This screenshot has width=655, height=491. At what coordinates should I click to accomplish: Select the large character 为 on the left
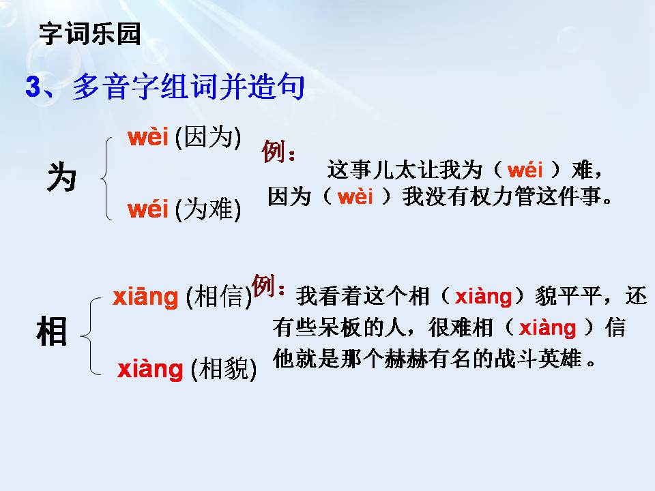(62, 179)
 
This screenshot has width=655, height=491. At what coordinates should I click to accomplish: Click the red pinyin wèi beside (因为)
(147, 138)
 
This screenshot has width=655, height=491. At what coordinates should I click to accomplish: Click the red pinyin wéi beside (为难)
(147, 210)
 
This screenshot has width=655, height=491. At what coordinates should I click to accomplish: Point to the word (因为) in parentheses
(207, 139)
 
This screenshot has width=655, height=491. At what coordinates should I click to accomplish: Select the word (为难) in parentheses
(207, 211)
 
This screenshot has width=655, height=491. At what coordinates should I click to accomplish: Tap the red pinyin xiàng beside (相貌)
(150, 370)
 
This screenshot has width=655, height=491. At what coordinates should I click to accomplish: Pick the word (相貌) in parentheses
(224, 370)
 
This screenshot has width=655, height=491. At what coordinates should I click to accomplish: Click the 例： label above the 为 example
(278, 152)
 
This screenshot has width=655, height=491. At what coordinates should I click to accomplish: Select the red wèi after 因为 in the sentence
(355, 198)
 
